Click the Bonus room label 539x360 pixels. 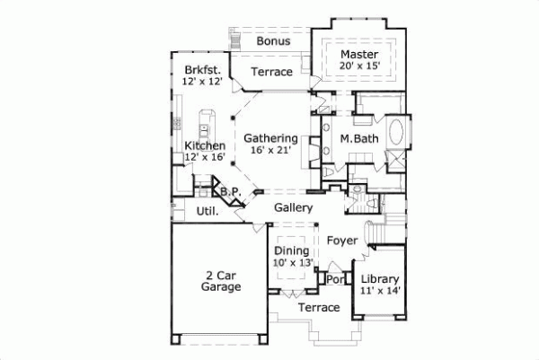[x=272, y=41]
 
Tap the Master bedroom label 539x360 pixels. [x=358, y=53]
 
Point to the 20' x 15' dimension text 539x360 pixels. [x=358, y=66]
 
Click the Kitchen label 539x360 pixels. [x=204, y=145]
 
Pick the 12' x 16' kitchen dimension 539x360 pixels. [x=204, y=157]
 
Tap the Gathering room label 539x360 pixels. [x=270, y=138]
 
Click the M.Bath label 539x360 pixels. [x=358, y=138]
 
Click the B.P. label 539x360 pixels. [x=229, y=191]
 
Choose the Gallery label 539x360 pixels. [x=293, y=208]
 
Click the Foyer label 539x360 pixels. [x=341, y=241]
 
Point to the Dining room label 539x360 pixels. [x=291, y=250]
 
